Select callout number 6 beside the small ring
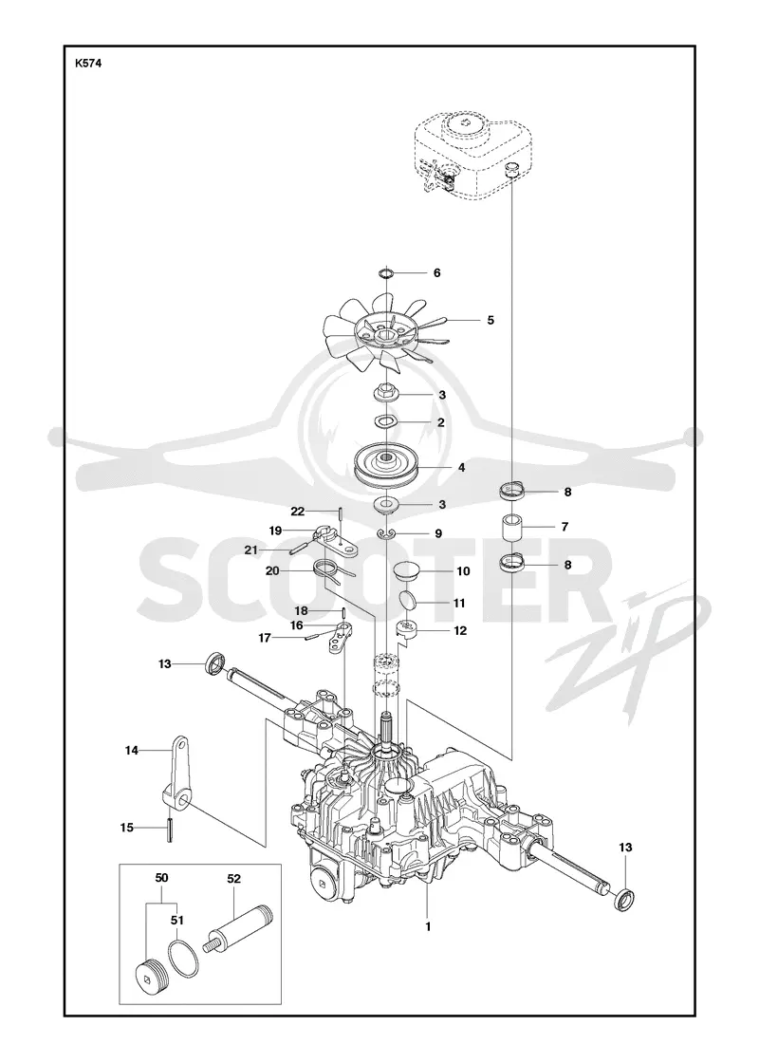[437, 272]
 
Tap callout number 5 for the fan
[491, 319]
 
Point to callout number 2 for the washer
[441, 422]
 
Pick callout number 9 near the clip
[438, 533]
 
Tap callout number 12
[460, 630]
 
